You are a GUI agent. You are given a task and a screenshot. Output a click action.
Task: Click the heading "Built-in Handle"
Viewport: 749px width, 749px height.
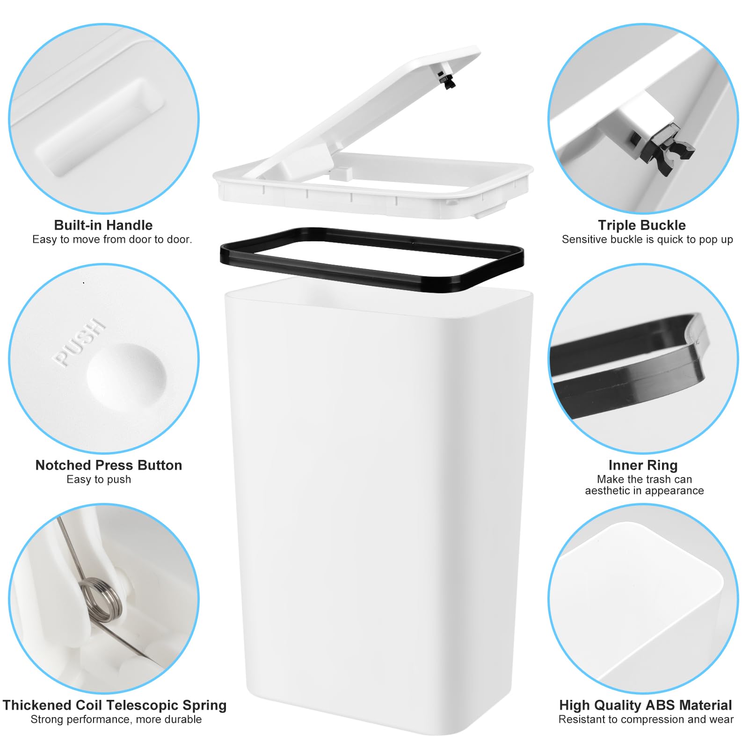pyautogui.click(x=103, y=225)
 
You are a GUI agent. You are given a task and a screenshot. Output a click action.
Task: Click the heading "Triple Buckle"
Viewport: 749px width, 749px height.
pyautogui.click(x=642, y=225)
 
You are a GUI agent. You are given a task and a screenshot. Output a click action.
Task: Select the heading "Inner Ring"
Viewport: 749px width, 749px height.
pyautogui.click(x=643, y=465)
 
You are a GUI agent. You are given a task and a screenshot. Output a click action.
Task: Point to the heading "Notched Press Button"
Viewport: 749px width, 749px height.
pyautogui.click(x=109, y=465)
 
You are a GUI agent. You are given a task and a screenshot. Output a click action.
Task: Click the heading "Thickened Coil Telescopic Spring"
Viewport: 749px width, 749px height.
pyautogui.click(x=115, y=705)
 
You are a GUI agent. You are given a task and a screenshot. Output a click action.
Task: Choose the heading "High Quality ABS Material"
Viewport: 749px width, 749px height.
pyautogui.click(x=646, y=705)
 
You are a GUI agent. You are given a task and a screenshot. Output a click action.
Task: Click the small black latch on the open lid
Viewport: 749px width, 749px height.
pyautogui.click(x=448, y=80)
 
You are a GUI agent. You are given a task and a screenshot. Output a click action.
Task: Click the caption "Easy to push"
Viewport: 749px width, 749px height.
pyautogui.click(x=99, y=480)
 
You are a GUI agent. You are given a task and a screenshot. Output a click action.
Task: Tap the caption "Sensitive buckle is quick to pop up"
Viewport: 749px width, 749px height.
pyautogui.click(x=647, y=240)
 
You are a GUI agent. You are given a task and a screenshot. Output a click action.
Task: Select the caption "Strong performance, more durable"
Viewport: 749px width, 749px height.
pyautogui.click(x=116, y=720)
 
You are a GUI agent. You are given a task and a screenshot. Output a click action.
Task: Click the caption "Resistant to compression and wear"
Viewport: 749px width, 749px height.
pyautogui.click(x=646, y=720)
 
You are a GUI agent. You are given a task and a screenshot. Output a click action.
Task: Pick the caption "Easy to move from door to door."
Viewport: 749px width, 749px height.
pyautogui.click(x=112, y=240)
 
